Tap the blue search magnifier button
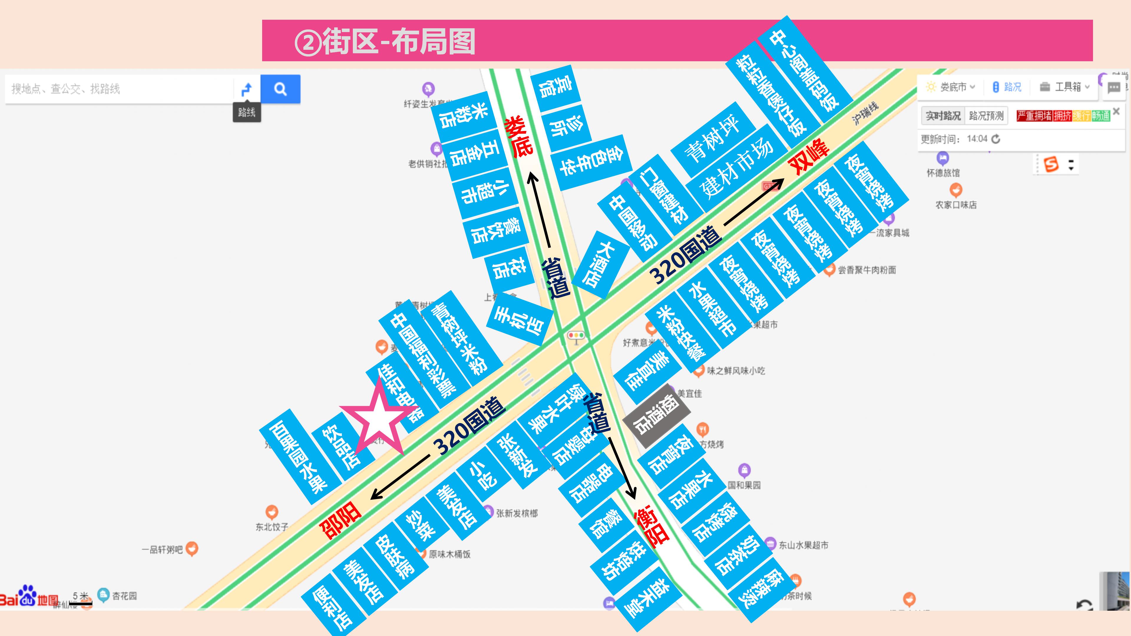coord(280,89)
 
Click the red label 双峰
coord(809,156)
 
